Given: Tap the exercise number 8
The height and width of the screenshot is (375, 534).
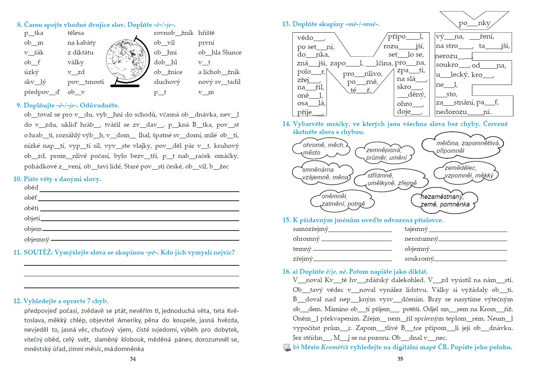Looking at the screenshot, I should coord(19,25).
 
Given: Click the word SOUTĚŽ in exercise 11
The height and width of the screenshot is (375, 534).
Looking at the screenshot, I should coord(38,252).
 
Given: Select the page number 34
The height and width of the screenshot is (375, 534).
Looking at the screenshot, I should coord(133,359).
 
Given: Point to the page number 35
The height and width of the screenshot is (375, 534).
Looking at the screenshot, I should coord(400,359).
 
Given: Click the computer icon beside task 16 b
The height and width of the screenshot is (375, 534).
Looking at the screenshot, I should coord(287,348).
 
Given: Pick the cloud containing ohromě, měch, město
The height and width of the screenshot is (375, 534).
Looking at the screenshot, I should coord(321,148).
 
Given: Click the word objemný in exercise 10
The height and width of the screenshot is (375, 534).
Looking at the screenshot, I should coord(37,239).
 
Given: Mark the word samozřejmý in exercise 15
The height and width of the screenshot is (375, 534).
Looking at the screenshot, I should coord(310,229).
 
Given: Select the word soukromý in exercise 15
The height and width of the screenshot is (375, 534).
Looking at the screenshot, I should coord(419,259).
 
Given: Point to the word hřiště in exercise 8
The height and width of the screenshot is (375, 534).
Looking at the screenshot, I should coord(206,33).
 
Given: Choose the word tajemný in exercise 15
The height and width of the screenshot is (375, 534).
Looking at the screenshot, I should coord(416,229).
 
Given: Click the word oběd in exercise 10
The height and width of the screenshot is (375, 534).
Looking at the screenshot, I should coord(31,188).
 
